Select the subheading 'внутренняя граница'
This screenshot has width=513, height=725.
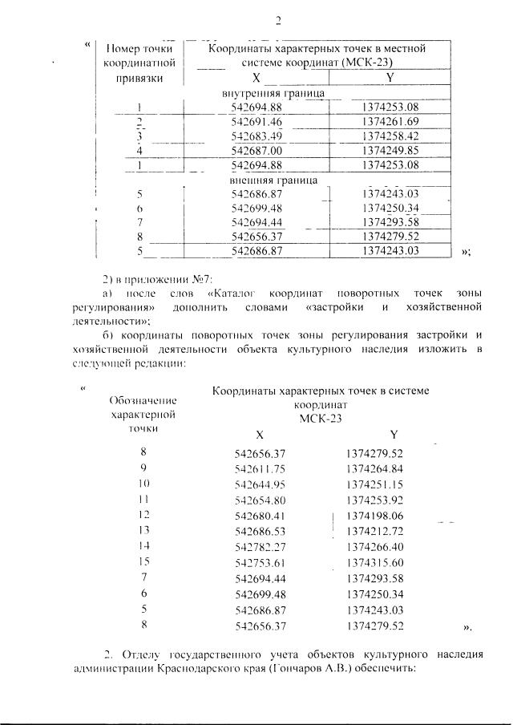273,94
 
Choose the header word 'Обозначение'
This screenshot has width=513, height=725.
143,399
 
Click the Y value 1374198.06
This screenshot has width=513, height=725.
375,516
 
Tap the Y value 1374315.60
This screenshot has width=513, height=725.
375,562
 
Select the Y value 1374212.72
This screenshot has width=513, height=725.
375,531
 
